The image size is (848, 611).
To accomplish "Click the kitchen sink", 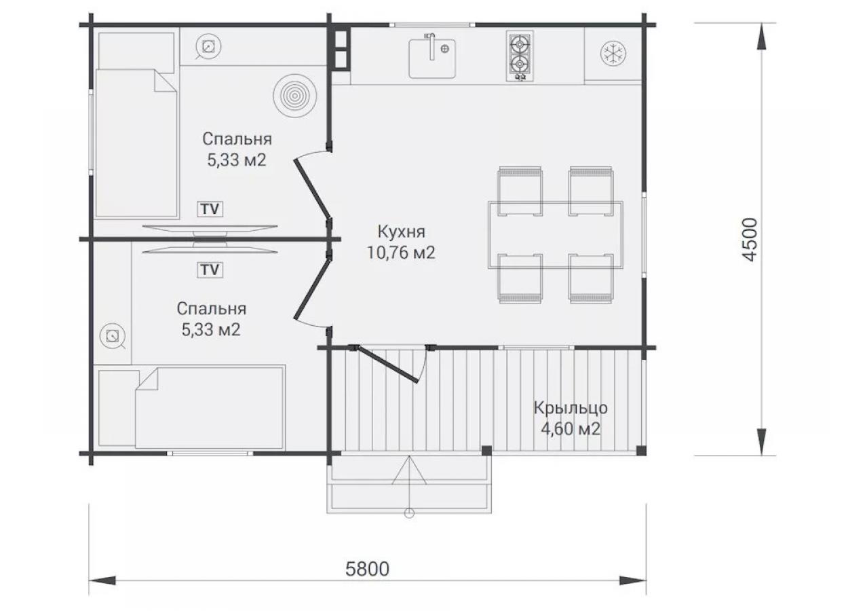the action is coord(432,56).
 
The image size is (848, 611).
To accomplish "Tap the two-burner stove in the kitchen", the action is coord(520,56).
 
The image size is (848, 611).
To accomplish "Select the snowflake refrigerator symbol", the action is coord(613,54).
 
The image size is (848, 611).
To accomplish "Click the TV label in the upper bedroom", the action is coord(210,209).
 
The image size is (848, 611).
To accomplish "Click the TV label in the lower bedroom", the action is coord(210,270).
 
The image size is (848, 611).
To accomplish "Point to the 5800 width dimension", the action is coord(367,569).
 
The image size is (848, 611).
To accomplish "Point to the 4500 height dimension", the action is coord(750,240).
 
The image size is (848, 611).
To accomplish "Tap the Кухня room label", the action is coord(402,232).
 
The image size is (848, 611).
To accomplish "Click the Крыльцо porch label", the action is coord(571,408).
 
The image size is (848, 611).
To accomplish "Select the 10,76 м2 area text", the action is coord(402,253).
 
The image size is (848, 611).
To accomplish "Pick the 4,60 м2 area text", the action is coord(571,430).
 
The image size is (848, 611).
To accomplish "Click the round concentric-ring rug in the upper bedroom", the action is coord(295,96).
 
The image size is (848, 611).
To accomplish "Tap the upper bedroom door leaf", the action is coord(311,189).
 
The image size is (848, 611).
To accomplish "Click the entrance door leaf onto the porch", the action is coord(386,365).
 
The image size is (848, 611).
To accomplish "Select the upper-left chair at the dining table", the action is coord(520,191).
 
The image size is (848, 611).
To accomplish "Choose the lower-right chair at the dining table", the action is coord(591,279).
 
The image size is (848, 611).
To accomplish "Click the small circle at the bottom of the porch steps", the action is coord(409,513).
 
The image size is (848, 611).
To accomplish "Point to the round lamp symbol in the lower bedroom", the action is coord(113,336).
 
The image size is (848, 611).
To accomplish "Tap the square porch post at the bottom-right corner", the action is coord(641,450).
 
